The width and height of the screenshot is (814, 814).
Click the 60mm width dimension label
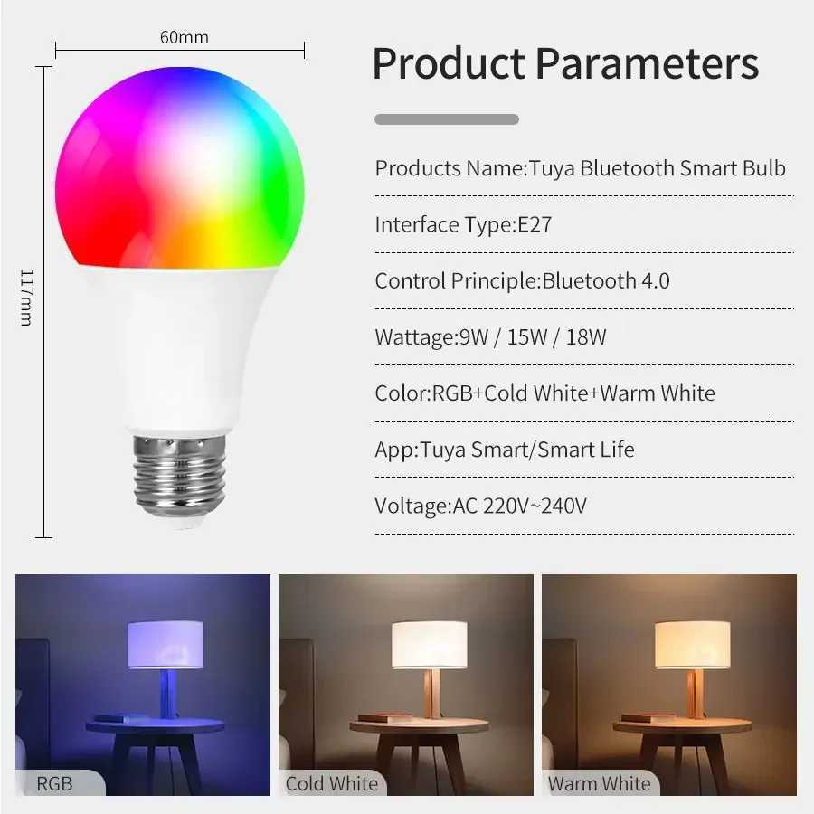pos(185,37)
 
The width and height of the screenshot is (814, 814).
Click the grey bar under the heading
pos(447,119)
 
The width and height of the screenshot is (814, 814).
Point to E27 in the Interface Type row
pos(535,224)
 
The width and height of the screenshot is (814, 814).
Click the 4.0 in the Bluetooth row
pos(656,280)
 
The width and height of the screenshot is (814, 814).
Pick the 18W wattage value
pos(586,337)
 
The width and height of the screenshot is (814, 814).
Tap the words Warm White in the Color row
pos(658,393)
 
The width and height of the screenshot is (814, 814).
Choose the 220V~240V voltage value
pos(535,506)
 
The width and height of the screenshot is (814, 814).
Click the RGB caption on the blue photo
pos(55,783)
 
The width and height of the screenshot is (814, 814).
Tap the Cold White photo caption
pos(332,783)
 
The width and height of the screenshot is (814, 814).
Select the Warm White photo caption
pos(600,783)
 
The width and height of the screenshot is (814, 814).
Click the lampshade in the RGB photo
pos(165,645)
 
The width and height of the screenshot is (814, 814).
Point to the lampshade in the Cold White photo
pos(429,645)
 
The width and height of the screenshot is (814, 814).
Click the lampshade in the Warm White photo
pos(692,645)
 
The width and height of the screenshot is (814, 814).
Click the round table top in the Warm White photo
pos(682,725)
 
